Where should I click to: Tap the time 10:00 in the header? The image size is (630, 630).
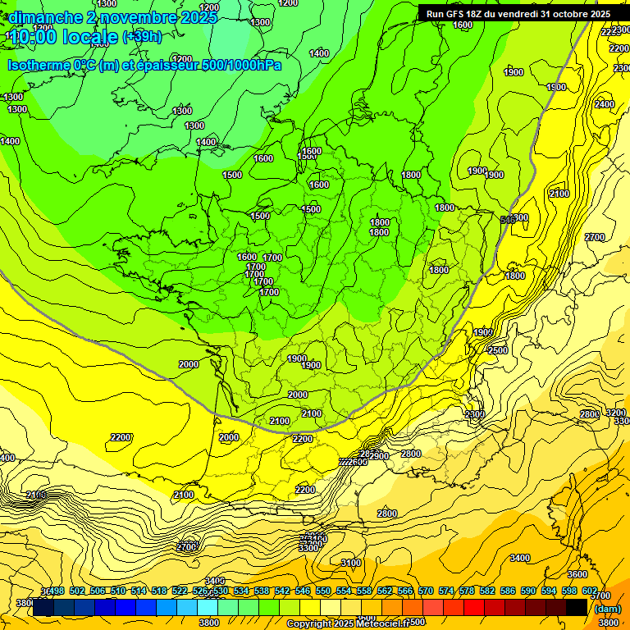pos(35,37)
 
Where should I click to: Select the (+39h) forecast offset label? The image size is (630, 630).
pos(142,37)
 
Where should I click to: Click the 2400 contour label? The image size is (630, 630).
pos(604,104)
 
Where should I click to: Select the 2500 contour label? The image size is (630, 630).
pos(498,350)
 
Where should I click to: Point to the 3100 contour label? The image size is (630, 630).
pos(351,563)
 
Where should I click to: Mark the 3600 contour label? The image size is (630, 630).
pos(577,574)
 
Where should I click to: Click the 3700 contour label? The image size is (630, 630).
pos(600,596)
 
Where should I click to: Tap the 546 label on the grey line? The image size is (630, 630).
pos(508,219)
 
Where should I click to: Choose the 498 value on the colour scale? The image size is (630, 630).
pos(57,591)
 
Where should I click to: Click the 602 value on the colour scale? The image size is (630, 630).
pos(589,591)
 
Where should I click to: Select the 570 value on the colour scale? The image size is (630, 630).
pos(426,591)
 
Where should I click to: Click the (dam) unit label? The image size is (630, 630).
pos(606,609)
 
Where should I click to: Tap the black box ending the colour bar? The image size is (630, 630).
pos(577,608)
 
